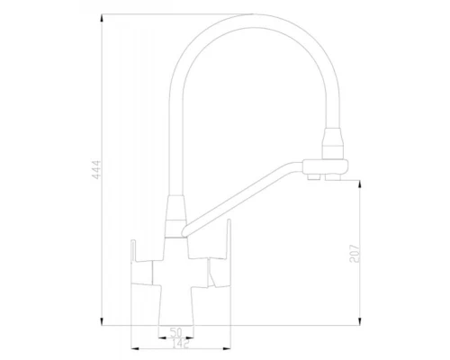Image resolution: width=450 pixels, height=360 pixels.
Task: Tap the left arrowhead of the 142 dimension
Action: click(133, 345)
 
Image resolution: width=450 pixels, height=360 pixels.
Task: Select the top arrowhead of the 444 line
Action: click(102, 15)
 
